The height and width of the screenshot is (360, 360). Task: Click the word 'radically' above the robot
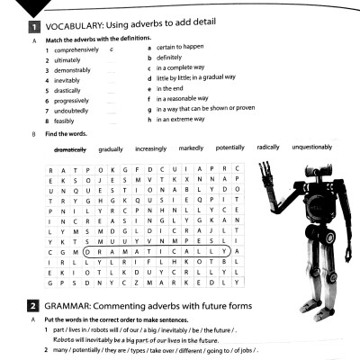click(x=268, y=148)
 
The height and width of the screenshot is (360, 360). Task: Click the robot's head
click(x=318, y=178)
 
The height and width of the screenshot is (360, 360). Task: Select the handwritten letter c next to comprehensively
click(x=110, y=49)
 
